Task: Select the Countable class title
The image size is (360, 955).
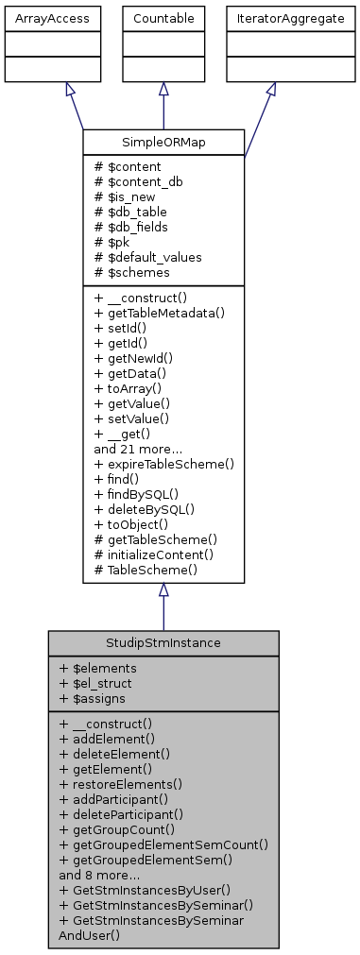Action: tap(163, 17)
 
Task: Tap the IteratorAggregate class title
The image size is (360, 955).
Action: tap(271, 17)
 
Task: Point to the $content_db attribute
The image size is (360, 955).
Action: tap(134, 180)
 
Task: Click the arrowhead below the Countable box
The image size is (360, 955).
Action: tap(163, 88)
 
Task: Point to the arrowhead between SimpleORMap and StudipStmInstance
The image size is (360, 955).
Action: tap(163, 590)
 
